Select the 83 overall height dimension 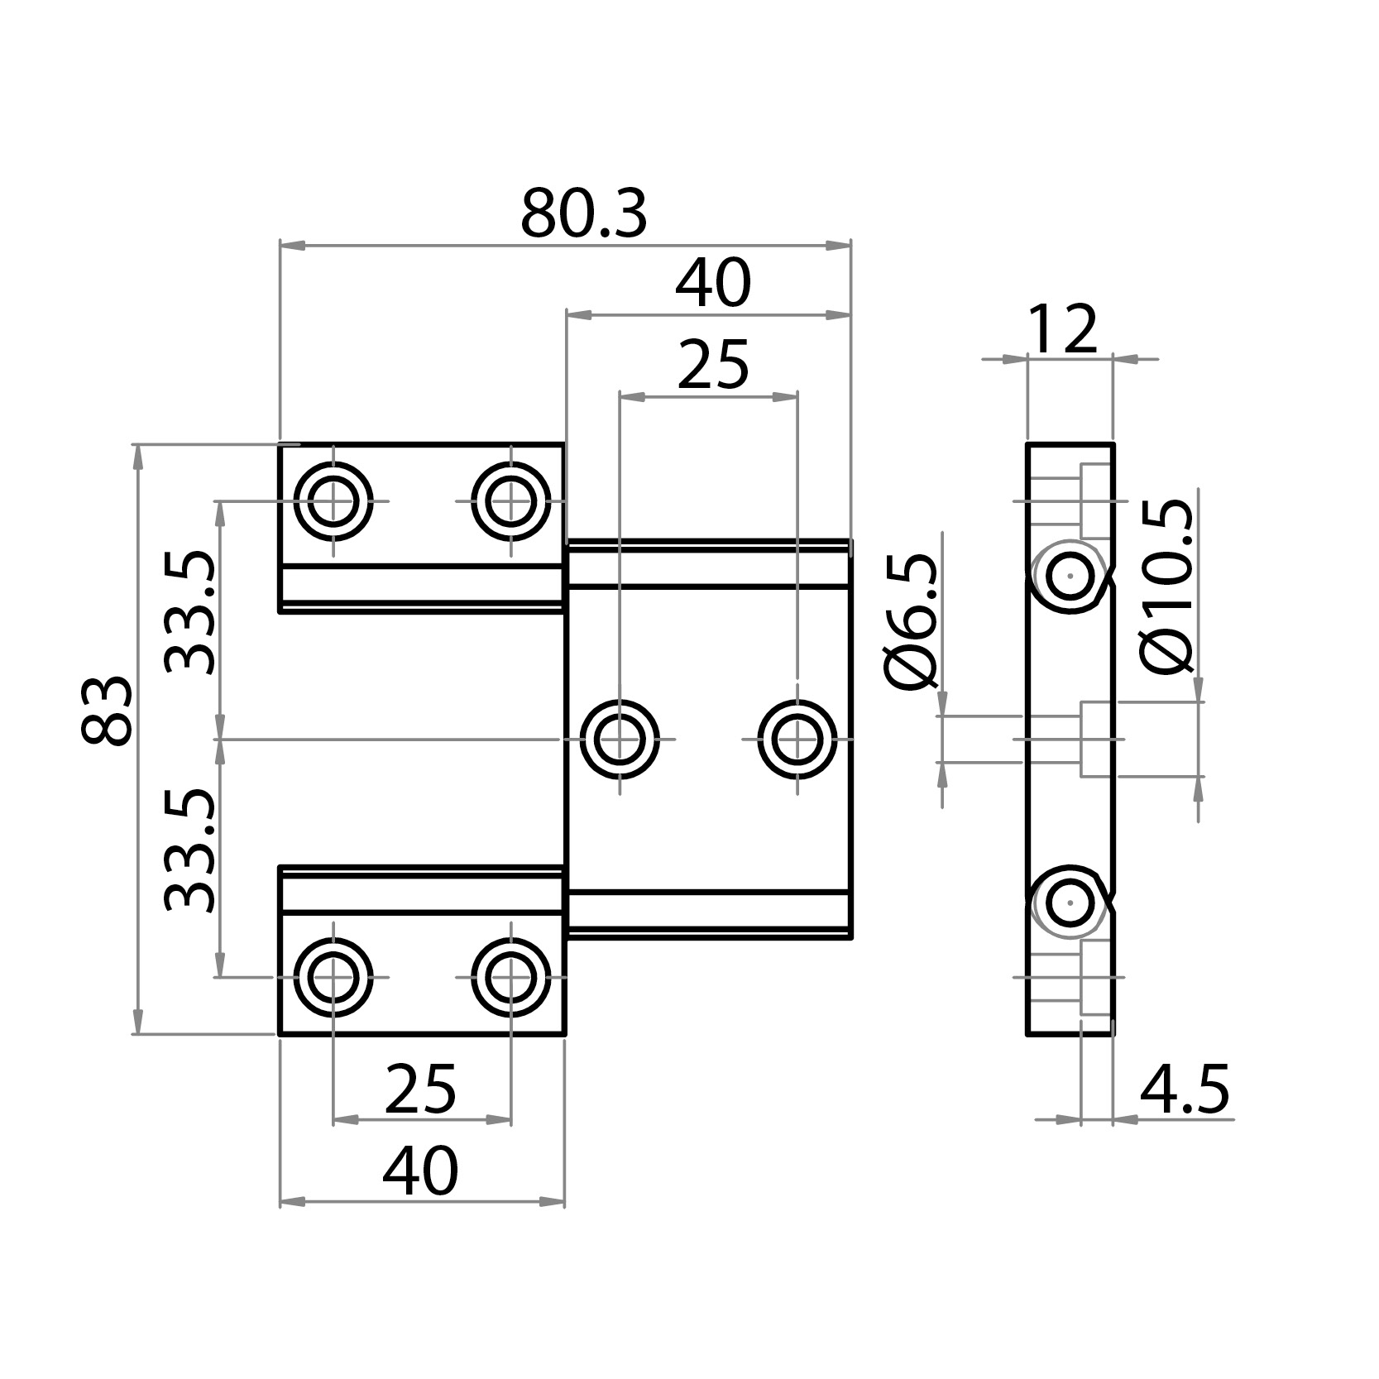coord(108,711)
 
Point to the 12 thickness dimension coord(1062,331)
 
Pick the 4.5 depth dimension coord(1184,1089)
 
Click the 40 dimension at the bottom coord(419,1171)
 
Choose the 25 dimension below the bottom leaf coord(420,1089)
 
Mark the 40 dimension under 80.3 coord(712,284)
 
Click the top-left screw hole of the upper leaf coord(333,501)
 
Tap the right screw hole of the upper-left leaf coord(511,501)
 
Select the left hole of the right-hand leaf coord(620,739)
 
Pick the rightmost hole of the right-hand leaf coord(797,739)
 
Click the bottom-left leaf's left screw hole coord(333,977)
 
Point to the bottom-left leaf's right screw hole coord(511,977)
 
